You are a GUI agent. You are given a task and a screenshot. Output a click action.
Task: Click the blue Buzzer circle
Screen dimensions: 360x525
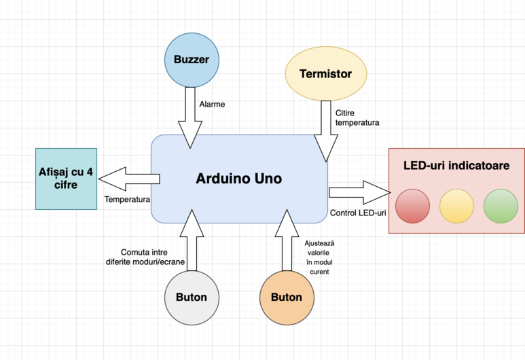192,59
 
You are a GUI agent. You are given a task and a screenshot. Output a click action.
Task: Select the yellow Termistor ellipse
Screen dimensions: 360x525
325,74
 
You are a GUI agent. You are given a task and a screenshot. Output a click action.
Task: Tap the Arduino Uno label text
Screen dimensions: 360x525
238,179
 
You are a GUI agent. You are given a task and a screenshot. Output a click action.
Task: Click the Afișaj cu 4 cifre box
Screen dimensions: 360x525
66,179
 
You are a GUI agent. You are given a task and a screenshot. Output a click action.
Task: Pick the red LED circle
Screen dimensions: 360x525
412,205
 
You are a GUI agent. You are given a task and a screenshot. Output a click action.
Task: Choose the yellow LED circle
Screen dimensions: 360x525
456,205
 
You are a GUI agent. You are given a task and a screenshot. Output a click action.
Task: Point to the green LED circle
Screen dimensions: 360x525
501,205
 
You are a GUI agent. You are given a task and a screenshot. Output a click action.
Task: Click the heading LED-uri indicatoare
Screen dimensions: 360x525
456,165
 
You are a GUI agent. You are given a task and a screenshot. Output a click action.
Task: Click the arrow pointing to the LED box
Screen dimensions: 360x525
357,192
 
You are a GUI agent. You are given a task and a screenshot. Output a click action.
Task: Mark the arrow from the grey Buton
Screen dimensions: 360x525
192,243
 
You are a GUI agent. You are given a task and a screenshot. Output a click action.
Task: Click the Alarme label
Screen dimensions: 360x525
212,105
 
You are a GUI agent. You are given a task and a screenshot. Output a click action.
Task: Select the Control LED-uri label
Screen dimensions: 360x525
358,213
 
